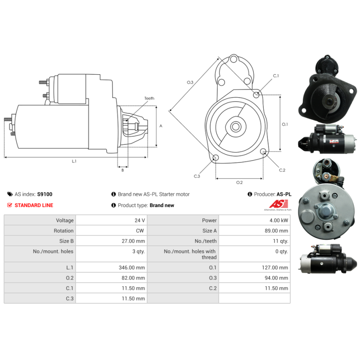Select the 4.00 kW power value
tap(279, 220)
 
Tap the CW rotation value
tap(140, 231)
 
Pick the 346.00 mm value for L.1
tap(133, 267)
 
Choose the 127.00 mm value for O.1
tap(276, 267)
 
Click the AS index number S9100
tap(45, 194)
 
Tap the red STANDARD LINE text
tap(34, 205)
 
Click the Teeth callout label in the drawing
tap(149, 98)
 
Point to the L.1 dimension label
tap(74, 161)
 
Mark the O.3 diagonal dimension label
tap(190, 82)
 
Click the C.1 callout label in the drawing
tap(276, 76)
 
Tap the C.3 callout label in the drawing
tap(197, 176)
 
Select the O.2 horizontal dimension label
tap(239, 182)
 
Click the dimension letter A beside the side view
tap(161, 126)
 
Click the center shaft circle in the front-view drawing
tap(235, 126)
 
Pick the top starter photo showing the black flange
tap(328, 88)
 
